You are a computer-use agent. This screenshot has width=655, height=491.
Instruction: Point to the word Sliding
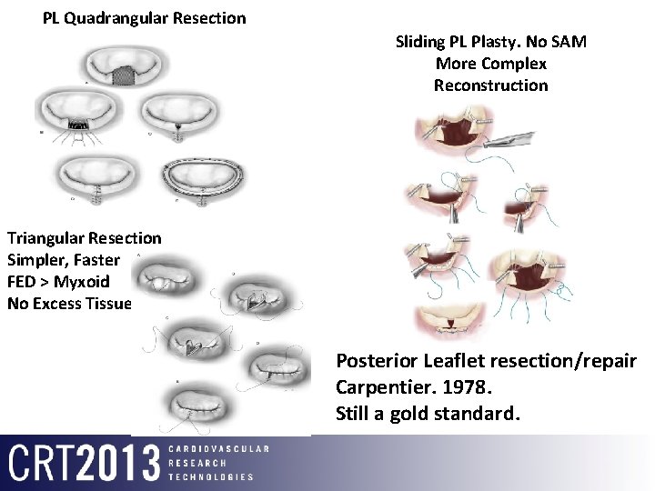point(422,42)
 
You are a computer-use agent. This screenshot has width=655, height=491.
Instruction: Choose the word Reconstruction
point(490,85)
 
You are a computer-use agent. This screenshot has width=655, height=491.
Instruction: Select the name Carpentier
point(383,387)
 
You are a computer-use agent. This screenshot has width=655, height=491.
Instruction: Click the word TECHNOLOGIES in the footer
point(211,476)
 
